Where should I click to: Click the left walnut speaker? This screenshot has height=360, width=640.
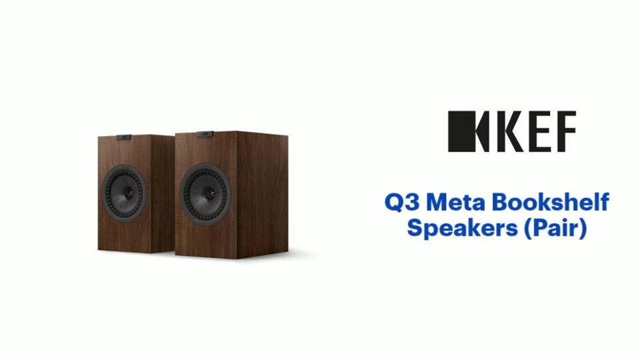[133, 193]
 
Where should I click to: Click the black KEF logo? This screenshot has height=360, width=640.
[511, 131]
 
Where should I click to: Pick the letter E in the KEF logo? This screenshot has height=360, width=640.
[533, 131]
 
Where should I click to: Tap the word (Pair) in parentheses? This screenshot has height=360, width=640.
[555, 228]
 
